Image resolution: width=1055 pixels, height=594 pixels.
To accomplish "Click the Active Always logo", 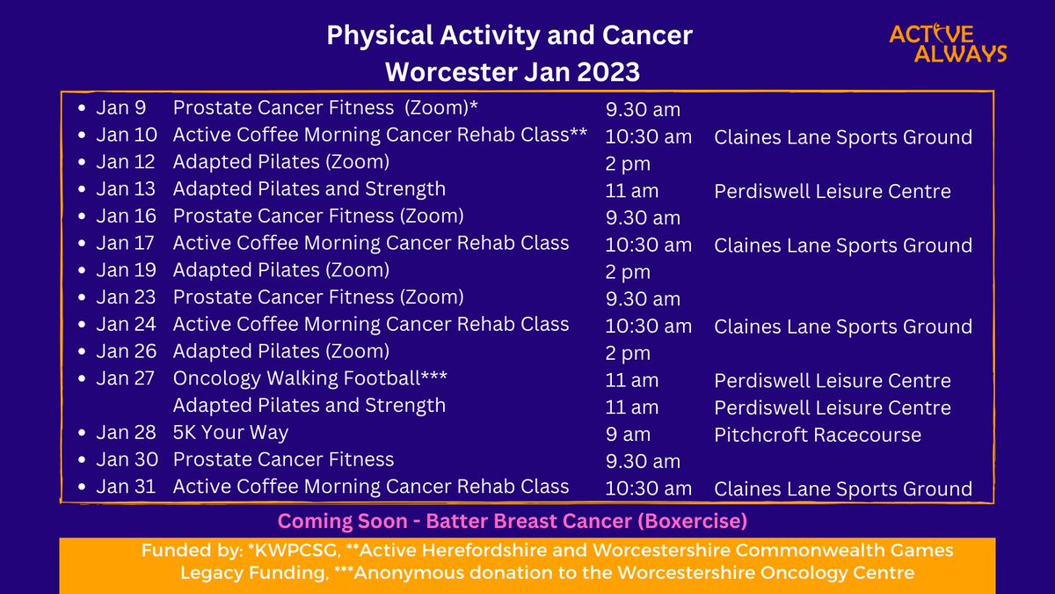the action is coord(948,43).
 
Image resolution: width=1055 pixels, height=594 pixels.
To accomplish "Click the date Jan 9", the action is coord(121,107).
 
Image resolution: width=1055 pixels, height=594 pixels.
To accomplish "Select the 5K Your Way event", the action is coord(230,433).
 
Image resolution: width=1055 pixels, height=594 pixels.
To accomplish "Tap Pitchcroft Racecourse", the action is coord(817,435).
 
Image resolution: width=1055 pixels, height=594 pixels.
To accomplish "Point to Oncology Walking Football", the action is coord(309,378).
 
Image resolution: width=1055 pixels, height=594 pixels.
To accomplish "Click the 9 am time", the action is coord(628,435).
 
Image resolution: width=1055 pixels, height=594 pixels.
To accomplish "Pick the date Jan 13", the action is coord(126,189).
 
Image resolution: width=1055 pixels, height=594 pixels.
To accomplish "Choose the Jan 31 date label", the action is coord(126,487).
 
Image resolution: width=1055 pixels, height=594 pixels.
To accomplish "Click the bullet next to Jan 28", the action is coord(82,432).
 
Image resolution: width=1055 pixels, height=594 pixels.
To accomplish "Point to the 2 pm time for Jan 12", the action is coord(628,164).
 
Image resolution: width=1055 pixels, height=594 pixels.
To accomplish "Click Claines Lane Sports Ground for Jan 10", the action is coord(843,137).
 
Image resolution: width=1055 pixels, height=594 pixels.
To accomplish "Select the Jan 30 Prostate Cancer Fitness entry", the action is coord(283,459).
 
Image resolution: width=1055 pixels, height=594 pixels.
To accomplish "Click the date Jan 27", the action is coord(125,378).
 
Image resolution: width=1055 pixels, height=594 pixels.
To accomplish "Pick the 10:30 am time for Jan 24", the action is coord(649,326).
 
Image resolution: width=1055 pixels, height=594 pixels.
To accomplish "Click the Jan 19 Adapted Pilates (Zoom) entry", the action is coord(281,271).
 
